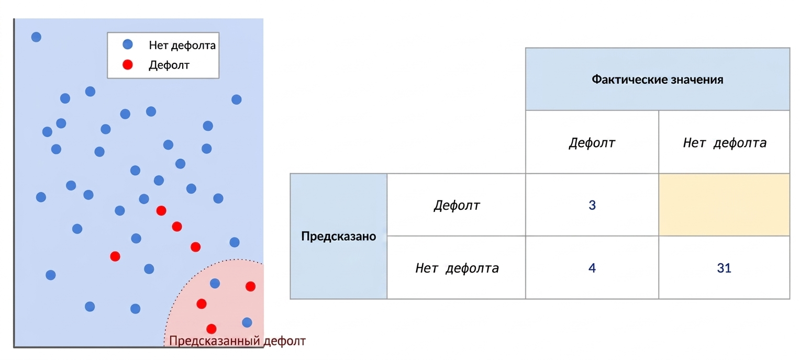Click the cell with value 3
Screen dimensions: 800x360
click(592, 205)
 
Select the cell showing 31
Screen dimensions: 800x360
click(724, 267)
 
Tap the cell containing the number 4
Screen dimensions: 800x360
click(592, 267)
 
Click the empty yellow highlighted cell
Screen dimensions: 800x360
click(724, 205)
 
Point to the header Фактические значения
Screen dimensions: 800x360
click(658, 79)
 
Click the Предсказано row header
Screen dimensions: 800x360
click(339, 236)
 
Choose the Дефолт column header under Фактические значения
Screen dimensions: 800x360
click(592, 142)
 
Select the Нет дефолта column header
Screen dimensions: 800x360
click(724, 142)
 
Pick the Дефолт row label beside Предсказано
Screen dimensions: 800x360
click(457, 205)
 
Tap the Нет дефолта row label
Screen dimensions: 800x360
click(457, 267)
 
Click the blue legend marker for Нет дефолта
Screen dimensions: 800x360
click(128, 44)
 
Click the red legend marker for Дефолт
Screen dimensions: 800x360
click(128, 64)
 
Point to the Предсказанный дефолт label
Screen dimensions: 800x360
click(237, 341)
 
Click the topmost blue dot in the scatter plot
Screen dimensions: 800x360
click(36, 37)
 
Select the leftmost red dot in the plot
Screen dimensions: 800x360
click(115, 256)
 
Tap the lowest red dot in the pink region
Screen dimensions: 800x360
click(211, 329)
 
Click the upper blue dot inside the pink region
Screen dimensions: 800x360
click(215, 283)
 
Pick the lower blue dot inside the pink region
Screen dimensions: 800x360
click(247, 322)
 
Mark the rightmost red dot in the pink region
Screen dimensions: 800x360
click(250, 286)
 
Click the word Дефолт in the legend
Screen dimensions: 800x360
click(169, 65)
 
